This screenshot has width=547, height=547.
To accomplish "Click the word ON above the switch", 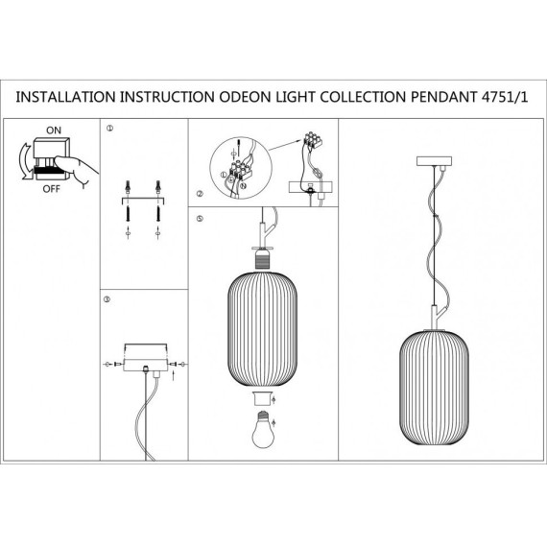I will [x=54, y=128].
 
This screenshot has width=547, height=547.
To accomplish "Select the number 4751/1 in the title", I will [x=508, y=98].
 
